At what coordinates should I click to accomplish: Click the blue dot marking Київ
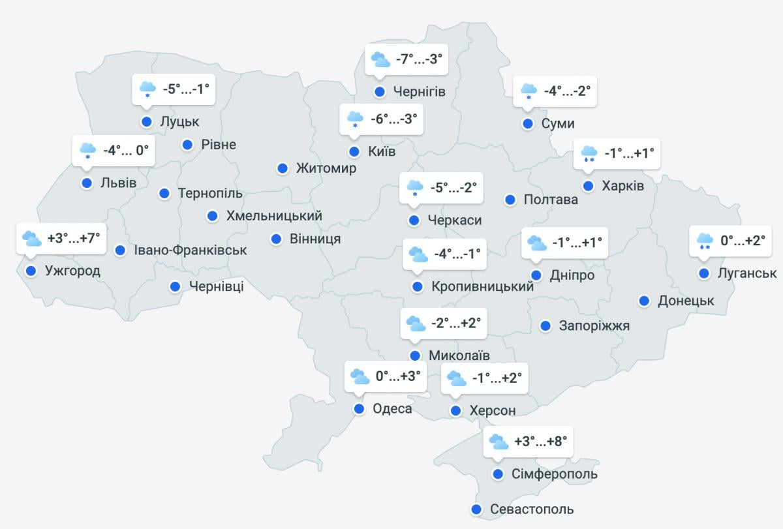point(354,152)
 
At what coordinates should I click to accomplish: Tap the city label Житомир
point(326,168)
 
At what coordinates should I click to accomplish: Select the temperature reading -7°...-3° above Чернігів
point(419,59)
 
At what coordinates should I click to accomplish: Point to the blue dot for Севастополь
point(476,509)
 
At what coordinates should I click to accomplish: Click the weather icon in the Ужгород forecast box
point(31,239)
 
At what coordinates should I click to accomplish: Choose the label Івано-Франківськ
point(191,250)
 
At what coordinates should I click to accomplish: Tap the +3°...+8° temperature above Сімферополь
point(540,442)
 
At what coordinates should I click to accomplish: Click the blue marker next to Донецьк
point(644,301)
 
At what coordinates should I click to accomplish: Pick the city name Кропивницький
point(482,286)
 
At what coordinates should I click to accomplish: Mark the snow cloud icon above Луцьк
point(147,89)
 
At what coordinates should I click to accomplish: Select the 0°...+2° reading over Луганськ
point(743,241)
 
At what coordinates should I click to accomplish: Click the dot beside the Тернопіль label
point(164,193)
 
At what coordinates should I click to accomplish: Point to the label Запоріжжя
point(594,325)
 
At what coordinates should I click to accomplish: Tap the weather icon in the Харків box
point(589,154)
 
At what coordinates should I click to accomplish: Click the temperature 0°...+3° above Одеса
point(397,376)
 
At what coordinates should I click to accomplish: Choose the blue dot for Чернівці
point(176,286)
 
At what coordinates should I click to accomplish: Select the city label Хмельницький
point(274,216)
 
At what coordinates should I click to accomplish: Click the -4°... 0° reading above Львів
point(126,150)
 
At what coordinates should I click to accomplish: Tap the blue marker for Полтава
point(510,200)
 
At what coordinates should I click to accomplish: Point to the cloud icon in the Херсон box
point(455,378)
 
